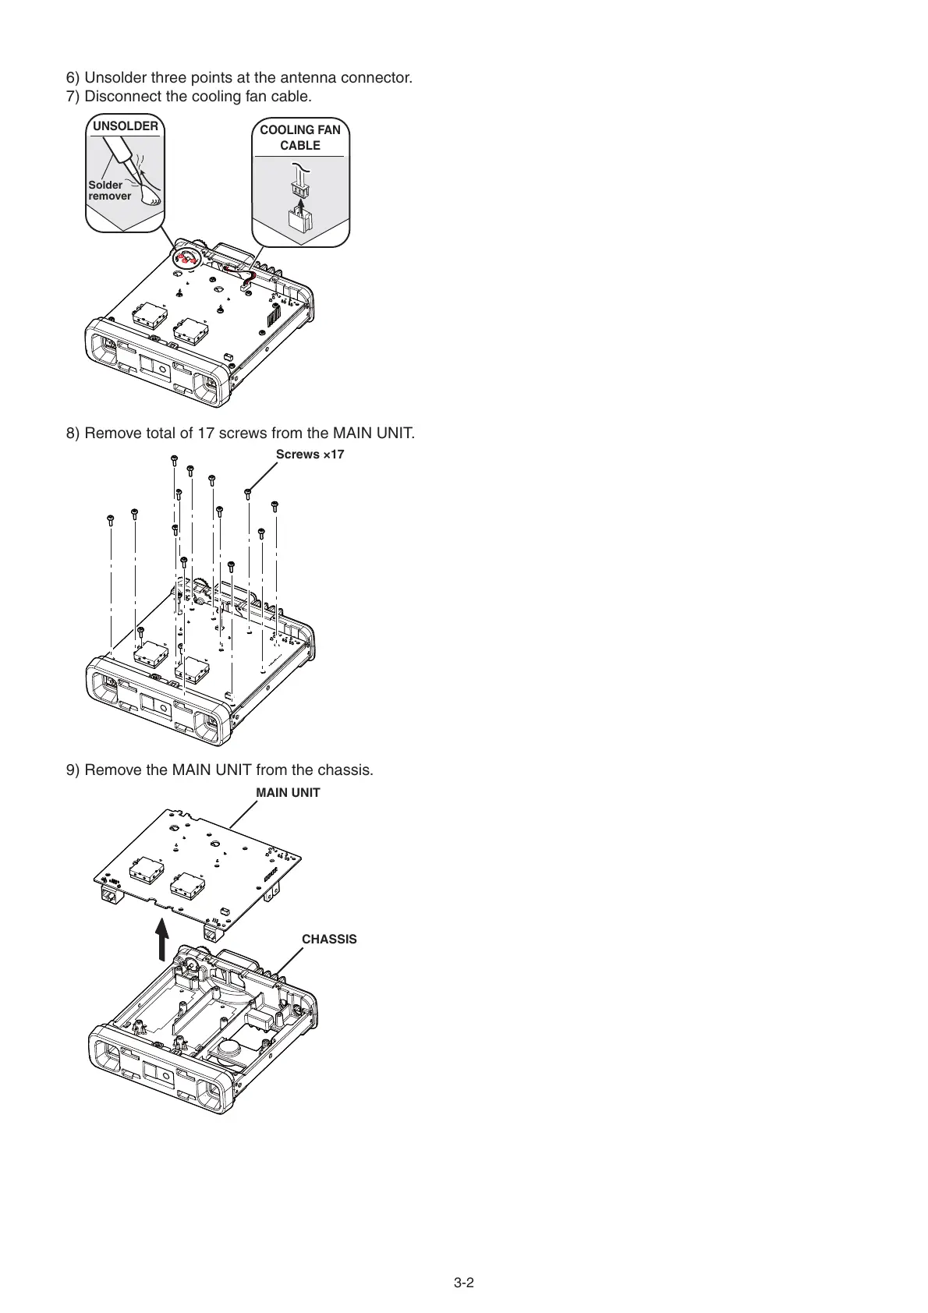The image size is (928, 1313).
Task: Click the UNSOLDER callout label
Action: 125,126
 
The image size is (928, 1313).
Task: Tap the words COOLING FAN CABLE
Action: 300,137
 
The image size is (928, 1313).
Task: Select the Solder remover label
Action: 108,190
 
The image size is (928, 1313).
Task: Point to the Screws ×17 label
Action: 310,455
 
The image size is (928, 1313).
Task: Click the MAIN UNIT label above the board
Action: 288,792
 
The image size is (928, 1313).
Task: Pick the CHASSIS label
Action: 329,940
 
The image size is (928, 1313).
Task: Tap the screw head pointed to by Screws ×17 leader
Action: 248,492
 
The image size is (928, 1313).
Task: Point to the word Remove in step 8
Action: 110,433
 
